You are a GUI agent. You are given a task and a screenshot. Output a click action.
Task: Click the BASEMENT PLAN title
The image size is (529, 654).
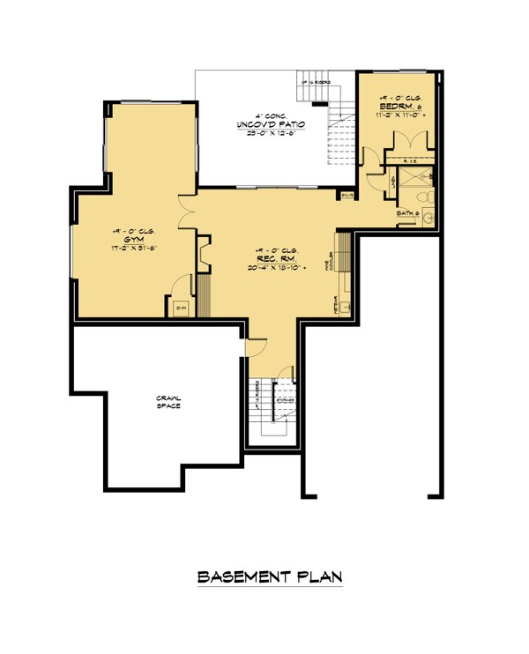click(x=269, y=577)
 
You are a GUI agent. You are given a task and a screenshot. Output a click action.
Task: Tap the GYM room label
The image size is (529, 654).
click(x=134, y=239)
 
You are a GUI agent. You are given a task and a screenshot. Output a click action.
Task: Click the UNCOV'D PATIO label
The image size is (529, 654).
click(x=271, y=125)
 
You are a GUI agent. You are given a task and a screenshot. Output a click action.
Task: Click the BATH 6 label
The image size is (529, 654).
click(x=406, y=213)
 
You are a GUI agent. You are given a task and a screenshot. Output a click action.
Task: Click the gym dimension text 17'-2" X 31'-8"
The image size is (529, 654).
click(x=134, y=249)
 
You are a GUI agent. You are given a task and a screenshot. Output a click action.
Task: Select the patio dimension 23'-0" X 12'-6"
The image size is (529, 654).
click(x=271, y=135)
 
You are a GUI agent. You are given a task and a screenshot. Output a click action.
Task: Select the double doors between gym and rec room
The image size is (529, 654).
click(x=186, y=218)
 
